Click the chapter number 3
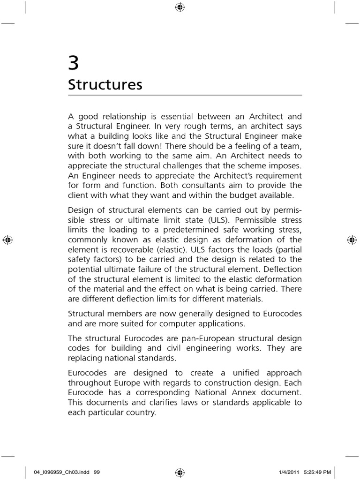click(73, 63)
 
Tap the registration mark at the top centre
click(180, 7)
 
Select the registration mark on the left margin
click(7, 240)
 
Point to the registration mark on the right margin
click(352, 240)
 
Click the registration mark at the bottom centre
click(180, 472)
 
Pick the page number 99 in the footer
click(97, 472)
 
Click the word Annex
click(234, 393)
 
